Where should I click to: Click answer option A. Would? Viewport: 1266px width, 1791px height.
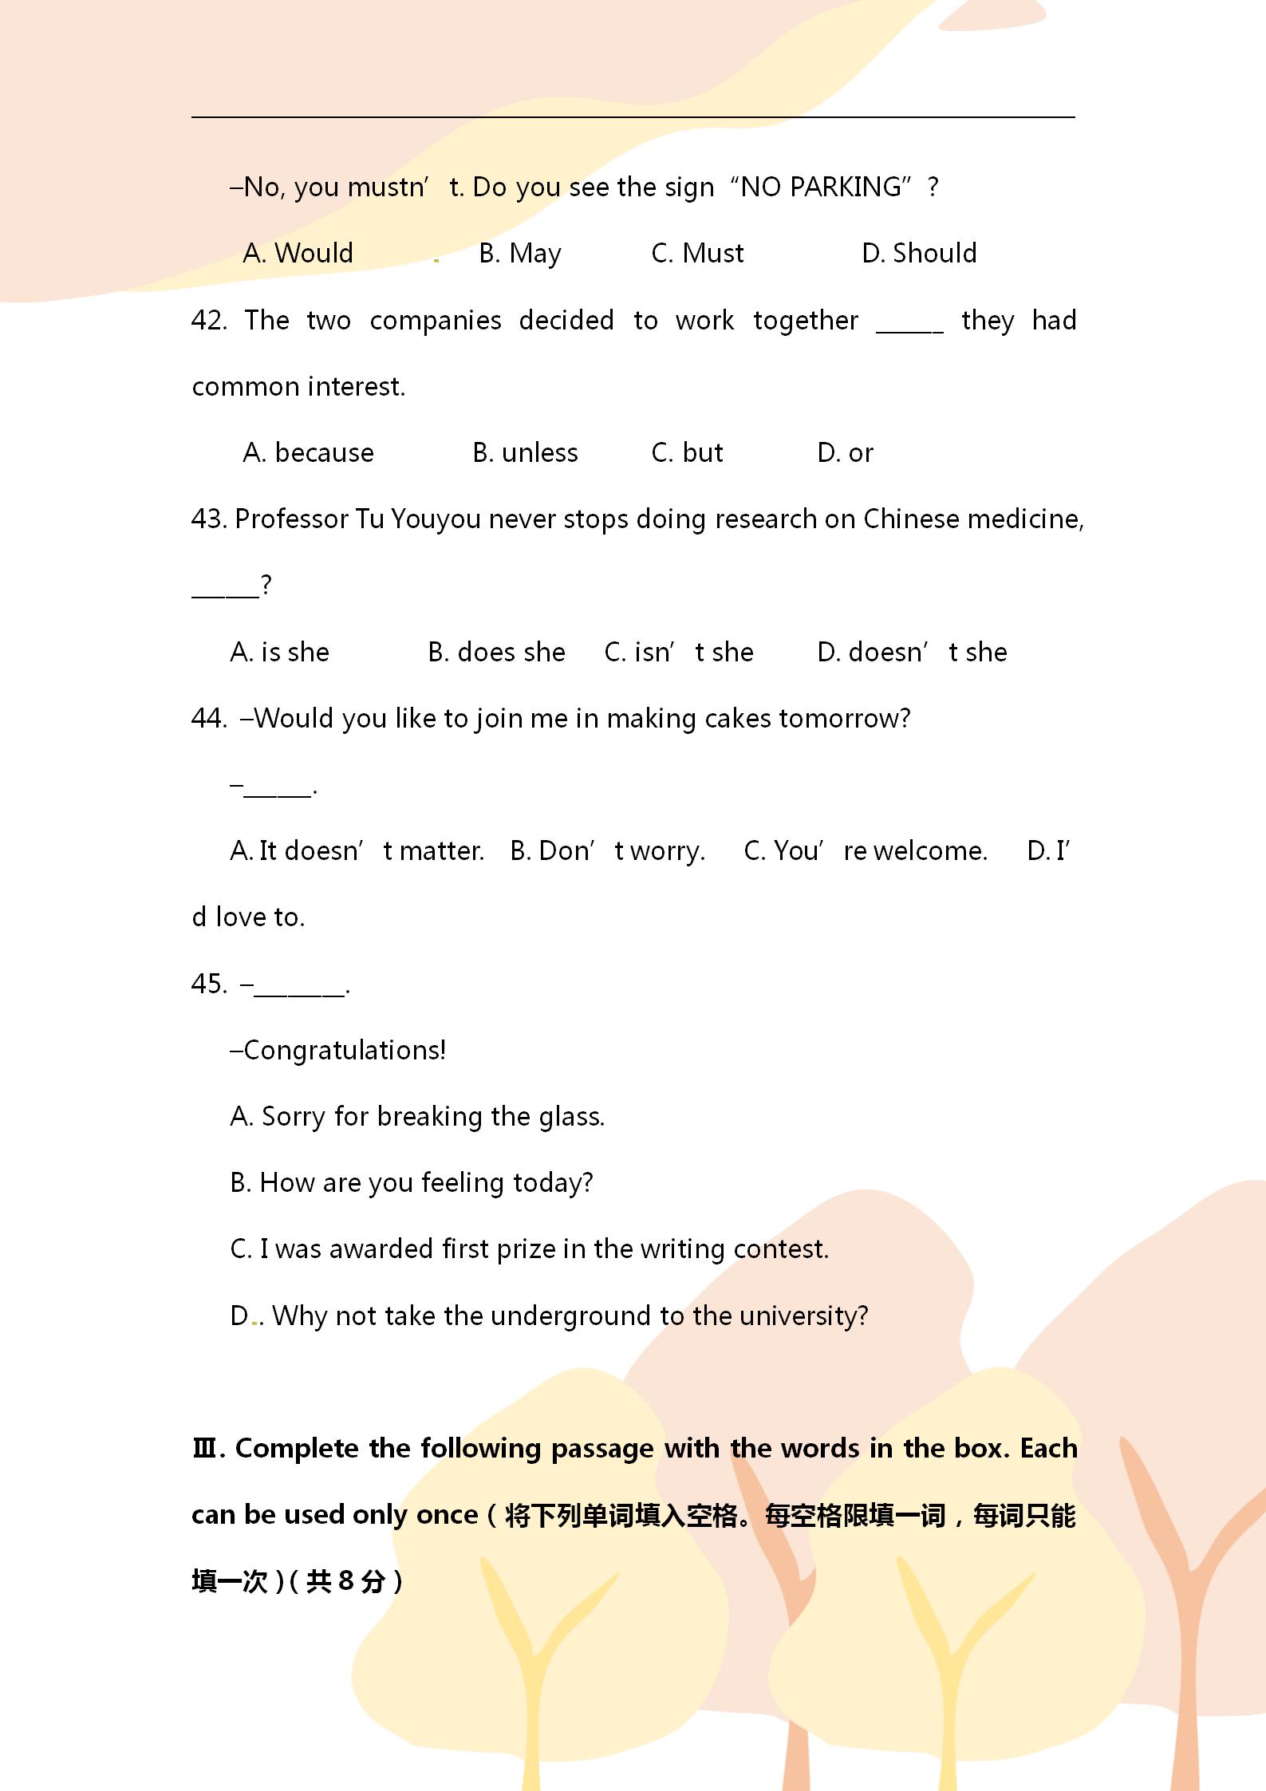298,254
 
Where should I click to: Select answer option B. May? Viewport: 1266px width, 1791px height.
520,254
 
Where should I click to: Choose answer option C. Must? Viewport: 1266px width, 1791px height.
697,254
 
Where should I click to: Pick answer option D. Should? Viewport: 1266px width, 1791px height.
919,254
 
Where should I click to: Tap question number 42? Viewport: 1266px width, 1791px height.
209,321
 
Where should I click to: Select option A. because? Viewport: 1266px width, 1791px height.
308,453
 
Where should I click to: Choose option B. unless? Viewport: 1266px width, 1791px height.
525,453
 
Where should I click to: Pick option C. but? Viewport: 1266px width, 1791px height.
687,453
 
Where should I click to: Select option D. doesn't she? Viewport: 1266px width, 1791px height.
912,653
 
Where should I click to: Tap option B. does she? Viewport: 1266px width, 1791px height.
496,653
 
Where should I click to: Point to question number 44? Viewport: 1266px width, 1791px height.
209,719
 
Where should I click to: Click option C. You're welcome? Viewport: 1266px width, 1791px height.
866,851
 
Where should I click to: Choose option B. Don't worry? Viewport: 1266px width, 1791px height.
608,851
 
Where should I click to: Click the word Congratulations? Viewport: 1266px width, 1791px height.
345,1051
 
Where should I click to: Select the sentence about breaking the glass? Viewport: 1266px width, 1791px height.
417,1117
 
